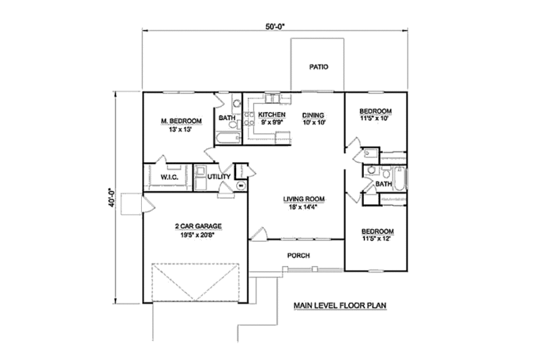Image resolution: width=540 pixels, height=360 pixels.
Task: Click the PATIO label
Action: pyautogui.click(x=318, y=67)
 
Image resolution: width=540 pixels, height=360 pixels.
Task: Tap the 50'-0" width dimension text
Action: pyautogui.click(x=274, y=27)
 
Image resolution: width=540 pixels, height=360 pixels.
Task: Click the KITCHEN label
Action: pyautogui.click(x=272, y=115)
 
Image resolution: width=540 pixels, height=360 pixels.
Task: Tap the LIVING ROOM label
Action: pyautogui.click(x=304, y=199)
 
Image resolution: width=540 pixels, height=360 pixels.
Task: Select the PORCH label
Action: pyautogui.click(x=298, y=255)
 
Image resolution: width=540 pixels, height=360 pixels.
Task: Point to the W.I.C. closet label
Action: pyautogui.click(x=168, y=177)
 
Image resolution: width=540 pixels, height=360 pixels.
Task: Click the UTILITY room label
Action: pyautogui.click(x=219, y=177)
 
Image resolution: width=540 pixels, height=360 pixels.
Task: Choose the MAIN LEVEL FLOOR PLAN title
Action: pyautogui.click(x=339, y=305)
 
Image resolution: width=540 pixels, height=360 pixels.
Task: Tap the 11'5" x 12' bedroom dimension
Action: pyautogui.click(x=376, y=238)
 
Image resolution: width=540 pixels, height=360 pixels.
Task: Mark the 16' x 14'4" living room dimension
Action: pyautogui.click(x=304, y=207)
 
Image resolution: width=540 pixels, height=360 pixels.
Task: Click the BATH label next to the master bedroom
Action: pyautogui.click(x=227, y=119)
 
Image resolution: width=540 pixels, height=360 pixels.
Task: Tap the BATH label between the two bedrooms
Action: pyautogui.click(x=383, y=184)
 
